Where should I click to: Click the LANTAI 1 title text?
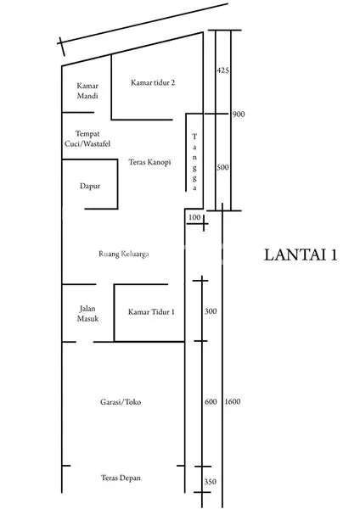(x=300, y=255)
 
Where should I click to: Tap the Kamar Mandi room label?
(x=87, y=91)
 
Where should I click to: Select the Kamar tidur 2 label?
(x=153, y=83)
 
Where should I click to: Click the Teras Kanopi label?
(x=149, y=161)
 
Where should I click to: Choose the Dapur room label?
(x=89, y=184)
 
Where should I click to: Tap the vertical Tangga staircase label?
(x=194, y=161)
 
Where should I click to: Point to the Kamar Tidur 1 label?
(x=151, y=312)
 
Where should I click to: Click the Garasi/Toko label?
(x=120, y=402)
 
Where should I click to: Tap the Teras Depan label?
(x=121, y=478)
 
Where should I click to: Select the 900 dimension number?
(x=239, y=114)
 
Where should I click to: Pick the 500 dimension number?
(x=222, y=168)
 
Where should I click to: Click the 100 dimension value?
(x=194, y=219)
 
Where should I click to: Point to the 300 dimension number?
(x=211, y=312)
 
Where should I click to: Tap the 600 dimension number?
(x=211, y=402)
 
